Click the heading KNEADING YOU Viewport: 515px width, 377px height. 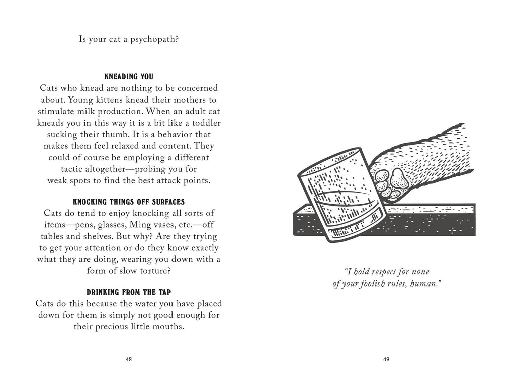[x=128, y=77]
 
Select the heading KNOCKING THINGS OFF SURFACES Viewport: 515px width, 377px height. [x=128, y=202]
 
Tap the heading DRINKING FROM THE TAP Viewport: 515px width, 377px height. [x=128, y=292]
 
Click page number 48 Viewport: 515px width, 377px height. [x=129, y=359]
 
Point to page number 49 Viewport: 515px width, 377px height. [x=386, y=359]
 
